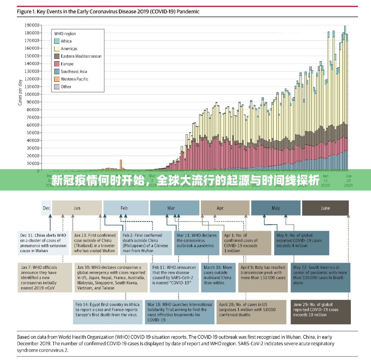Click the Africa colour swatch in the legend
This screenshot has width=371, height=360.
pyautogui.click(x=57, y=41)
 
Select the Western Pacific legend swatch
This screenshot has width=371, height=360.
pyautogui.click(x=57, y=79)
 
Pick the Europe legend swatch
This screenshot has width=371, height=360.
pyautogui.click(x=57, y=64)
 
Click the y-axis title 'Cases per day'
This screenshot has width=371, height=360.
pyautogui.click(x=20, y=92)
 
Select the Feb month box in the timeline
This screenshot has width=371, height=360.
pyautogui.click(x=124, y=208)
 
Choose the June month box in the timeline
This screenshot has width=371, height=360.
pyautogui.click(x=325, y=208)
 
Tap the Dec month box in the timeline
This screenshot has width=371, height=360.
pyautogui.click(x=46, y=208)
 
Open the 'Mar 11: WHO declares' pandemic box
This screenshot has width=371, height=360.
pyautogui.click(x=196, y=243)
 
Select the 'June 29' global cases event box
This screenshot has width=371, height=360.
pyautogui.click(x=321, y=312)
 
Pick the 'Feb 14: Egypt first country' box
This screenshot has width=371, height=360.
pyautogui.click(x=108, y=312)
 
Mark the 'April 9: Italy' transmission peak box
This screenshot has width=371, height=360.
pyautogui.click(x=263, y=277)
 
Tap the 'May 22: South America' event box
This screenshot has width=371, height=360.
pyautogui.click(x=321, y=277)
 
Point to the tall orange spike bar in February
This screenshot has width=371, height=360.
pyautogui.click(x=121, y=164)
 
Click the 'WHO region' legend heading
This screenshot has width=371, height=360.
pyautogui.click(x=65, y=34)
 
